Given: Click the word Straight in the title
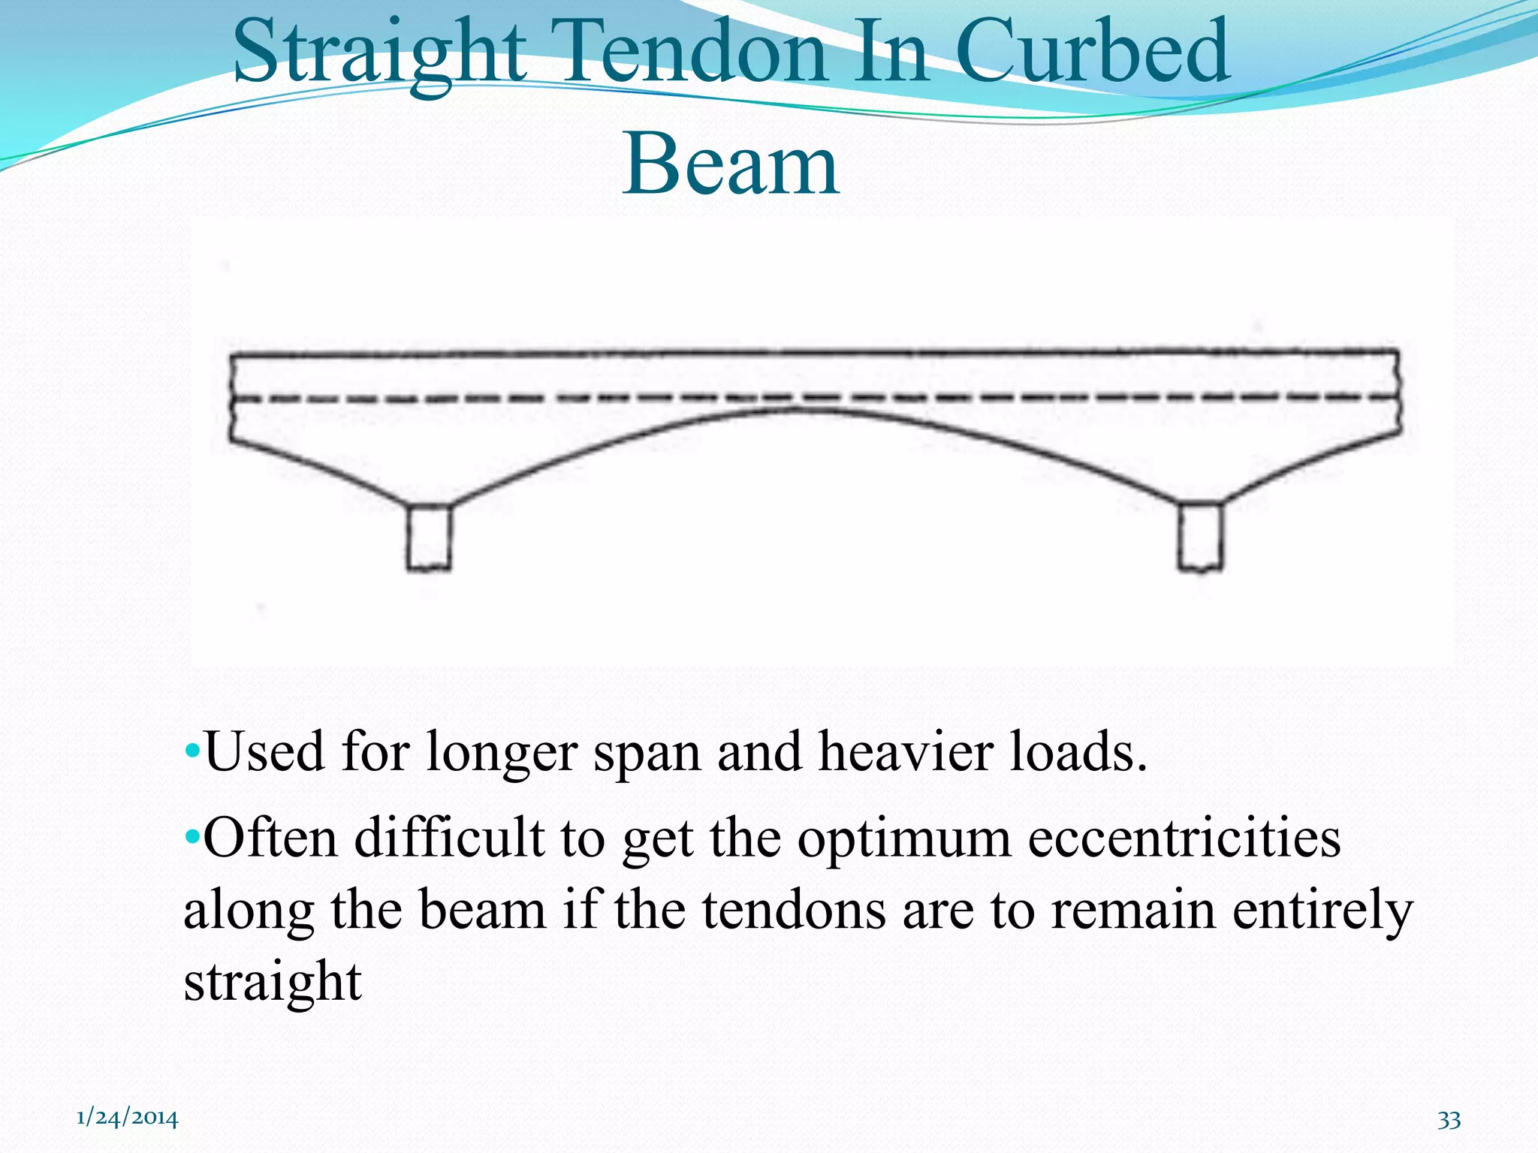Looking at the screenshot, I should coord(379,53).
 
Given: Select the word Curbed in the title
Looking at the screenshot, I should coord(1093,53).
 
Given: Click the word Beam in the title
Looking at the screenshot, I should coord(731,165).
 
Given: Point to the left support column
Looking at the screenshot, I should coord(429,537).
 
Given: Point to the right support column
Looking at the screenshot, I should coord(1200,537).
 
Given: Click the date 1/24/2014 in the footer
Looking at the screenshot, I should coord(128,1118).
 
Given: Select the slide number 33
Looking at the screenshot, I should coord(1449,1120).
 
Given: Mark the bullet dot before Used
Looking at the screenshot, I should coord(192,751).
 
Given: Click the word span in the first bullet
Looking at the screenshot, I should coord(647,754).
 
